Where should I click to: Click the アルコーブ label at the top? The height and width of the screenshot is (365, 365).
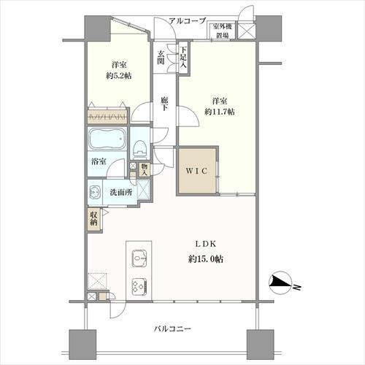(188, 21)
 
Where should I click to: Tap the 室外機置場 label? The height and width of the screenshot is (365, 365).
(223, 31)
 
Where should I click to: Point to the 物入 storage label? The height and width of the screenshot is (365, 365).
(145, 169)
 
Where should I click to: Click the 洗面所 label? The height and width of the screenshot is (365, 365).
(120, 193)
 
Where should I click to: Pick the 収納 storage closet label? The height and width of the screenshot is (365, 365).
(94, 218)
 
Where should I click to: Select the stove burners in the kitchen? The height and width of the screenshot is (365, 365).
(139, 285)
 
